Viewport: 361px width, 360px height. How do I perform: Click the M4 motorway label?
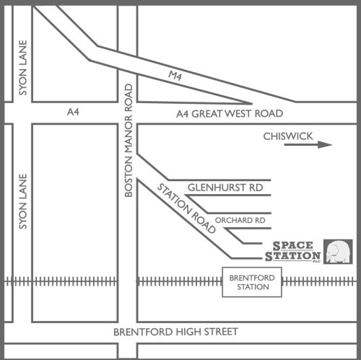tap(175, 76)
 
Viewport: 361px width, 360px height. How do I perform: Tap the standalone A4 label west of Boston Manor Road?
tap(73, 112)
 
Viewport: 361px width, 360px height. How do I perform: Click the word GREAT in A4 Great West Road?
tap(206, 114)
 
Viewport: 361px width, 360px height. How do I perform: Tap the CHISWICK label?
tap(288, 136)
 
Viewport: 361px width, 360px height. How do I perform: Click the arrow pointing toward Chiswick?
tap(308, 144)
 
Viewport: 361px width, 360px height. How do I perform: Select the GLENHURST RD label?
tap(225, 188)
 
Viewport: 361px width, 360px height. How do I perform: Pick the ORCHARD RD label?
tap(240, 220)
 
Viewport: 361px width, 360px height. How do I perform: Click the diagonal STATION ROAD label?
tap(186, 208)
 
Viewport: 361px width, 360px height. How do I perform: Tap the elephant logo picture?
tap(338, 252)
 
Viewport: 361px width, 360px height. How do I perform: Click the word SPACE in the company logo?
tap(293, 246)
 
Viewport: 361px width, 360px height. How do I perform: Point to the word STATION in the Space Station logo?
tap(292, 256)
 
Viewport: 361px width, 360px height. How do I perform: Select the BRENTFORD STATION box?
tap(252, 282)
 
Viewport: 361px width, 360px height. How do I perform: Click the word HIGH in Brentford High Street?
tap(189, 332)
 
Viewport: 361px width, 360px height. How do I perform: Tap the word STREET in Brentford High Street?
tap(221, 332)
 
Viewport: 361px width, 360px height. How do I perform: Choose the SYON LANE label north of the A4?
tap(23, 68)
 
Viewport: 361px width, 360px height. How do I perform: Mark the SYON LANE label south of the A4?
tap(23, 201)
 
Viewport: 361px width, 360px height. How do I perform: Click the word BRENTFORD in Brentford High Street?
tap(144, 332)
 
